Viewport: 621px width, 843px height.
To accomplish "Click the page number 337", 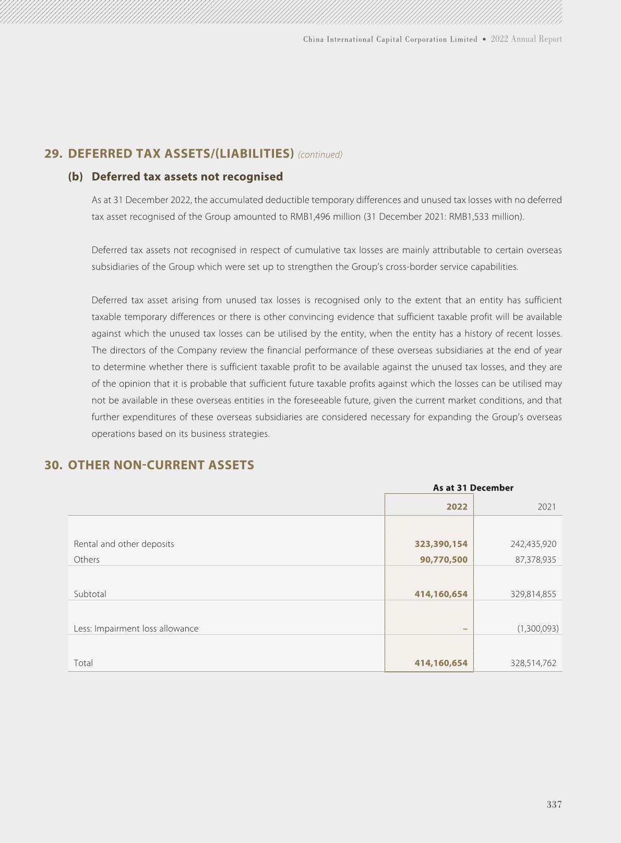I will tap(554, 804).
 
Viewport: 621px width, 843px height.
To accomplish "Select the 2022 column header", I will tap(457, 507).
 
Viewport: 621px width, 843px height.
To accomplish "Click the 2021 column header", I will tap(546, 507).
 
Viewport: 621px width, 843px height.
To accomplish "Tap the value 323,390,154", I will tap(441, 544).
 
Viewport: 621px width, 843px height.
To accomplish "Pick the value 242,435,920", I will tap(533, 544).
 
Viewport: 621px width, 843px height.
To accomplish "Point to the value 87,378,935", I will tap(535, 560).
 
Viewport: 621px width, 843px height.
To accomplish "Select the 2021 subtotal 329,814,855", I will tap(533, 594).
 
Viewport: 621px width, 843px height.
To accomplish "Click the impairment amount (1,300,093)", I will tap(538, 628).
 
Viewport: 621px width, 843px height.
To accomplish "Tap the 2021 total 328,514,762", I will tap(533, 663).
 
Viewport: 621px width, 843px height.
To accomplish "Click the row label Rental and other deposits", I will tap(124, 544).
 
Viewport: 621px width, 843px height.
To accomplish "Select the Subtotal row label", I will tap(90, 594).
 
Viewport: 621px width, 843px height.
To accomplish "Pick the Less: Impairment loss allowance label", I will tap(136, 628).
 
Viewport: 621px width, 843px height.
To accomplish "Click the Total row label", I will tap(83, 663).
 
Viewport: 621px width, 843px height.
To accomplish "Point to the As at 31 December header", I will tap(473, 488).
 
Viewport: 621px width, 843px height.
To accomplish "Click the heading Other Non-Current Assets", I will tap(161, 465).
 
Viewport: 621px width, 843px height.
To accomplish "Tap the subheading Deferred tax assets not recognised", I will tap(187, 176).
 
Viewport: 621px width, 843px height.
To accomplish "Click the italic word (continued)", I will tap(320, 155).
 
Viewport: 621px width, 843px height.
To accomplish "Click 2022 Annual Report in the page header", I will tap(526, 39).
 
